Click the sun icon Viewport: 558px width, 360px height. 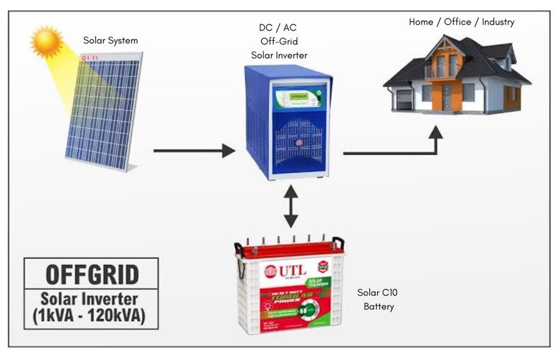(x=47, y=41)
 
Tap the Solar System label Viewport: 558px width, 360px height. (x=111, y=41)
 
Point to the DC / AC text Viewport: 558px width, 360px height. (x=278, y=28)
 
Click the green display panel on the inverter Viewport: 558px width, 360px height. (x=297, y=96)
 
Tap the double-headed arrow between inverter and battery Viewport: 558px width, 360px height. (x=291, y=206)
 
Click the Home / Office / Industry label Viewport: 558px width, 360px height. (x=461, y=22)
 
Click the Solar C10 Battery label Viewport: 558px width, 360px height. (x=378, y=300)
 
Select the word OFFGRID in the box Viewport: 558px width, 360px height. (x=92, y=274)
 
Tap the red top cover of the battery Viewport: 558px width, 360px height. (x=290, y=248)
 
